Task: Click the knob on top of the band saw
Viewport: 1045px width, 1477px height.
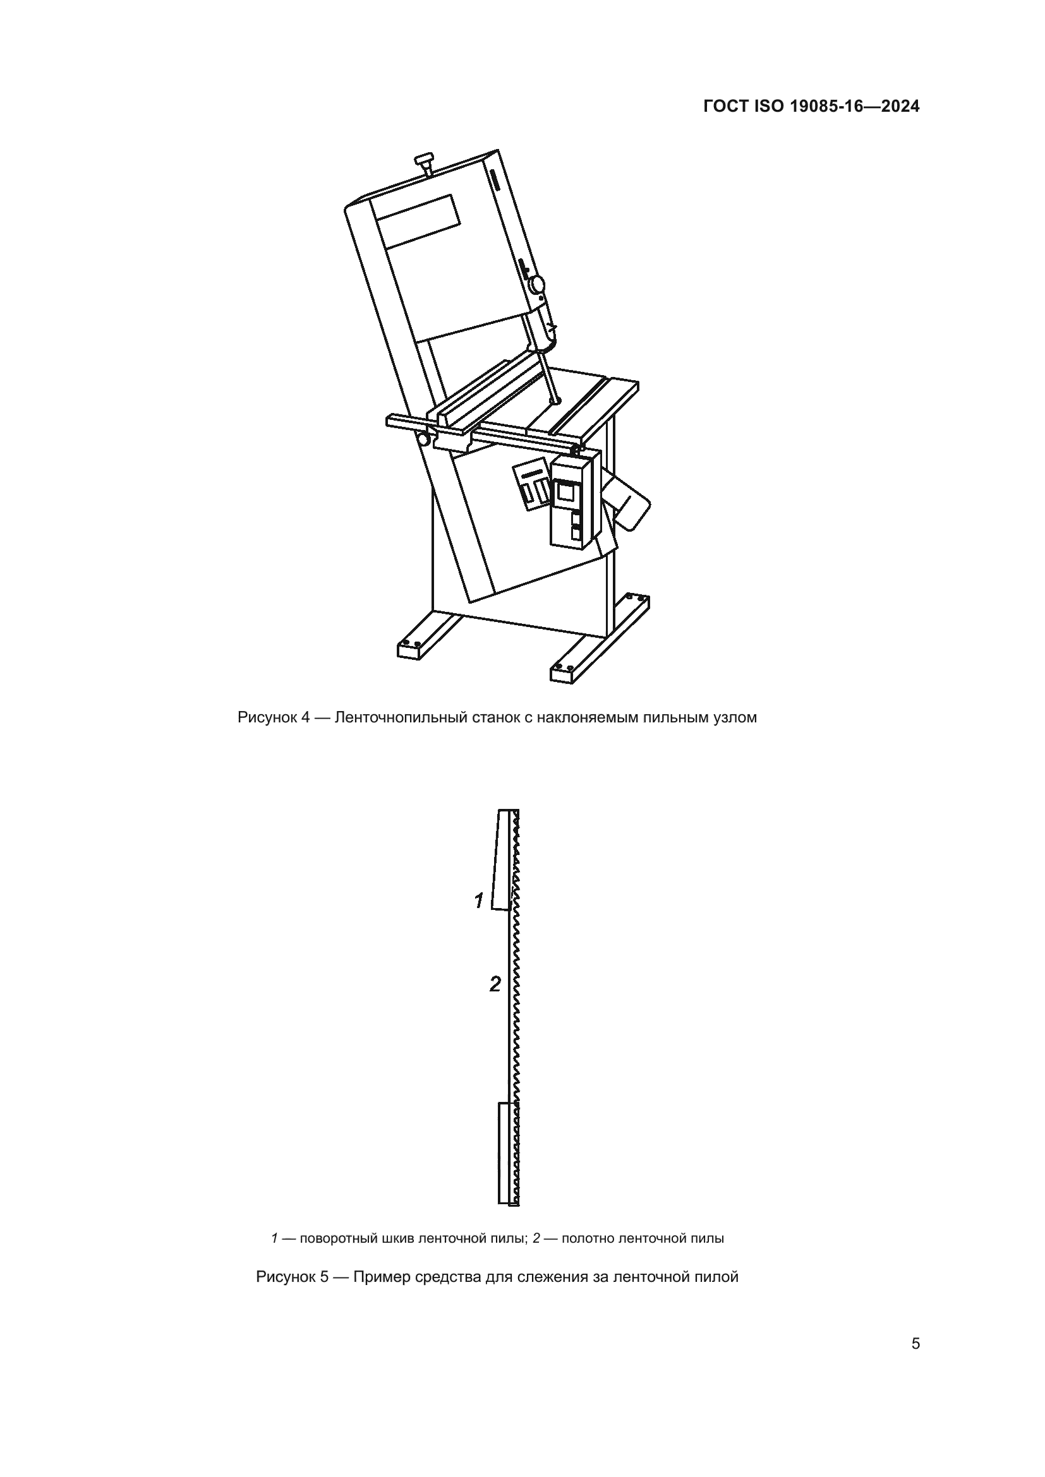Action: click(425, 160)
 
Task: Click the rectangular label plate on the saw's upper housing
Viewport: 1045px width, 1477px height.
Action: click(419, 222)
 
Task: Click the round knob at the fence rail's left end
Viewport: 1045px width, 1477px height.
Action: click(424, 440)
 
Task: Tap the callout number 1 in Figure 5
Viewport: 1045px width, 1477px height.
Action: click(479, 901)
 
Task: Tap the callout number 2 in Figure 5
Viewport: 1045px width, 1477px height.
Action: click(494, 984)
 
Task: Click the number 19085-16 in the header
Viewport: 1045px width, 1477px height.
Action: click(826, 107)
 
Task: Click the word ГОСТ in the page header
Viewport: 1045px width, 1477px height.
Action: click(725, 107)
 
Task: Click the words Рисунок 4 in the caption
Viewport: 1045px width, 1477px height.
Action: click(274, 717)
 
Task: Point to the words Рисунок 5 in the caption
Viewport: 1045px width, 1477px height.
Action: click(292, 1277)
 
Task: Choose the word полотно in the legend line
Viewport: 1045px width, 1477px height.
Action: click(588, 1238)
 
